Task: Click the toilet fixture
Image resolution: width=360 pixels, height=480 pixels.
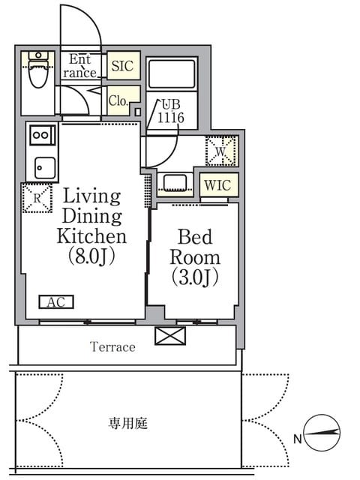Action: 38,70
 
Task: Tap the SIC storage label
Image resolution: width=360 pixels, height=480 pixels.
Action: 122,66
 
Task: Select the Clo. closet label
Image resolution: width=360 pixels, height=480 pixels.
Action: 118,100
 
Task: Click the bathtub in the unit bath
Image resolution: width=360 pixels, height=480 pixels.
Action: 172,73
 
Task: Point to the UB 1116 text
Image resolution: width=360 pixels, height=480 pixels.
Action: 171,112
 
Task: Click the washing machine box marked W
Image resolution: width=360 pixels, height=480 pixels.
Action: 221,151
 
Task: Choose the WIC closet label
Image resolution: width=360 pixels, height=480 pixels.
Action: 217,185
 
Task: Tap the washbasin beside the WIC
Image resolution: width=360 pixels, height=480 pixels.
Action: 175,183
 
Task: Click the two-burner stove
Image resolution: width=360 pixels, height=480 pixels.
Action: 43,135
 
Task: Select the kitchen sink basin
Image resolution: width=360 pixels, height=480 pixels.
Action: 45,168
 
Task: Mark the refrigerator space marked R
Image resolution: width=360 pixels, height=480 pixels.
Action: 37,198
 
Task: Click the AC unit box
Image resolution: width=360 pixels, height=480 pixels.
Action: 56,302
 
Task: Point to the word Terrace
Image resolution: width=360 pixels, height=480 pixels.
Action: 112,346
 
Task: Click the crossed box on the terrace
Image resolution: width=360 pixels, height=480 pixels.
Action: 170,336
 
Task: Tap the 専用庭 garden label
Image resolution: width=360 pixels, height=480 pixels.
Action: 128,424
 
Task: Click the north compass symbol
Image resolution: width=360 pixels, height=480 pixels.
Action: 322,433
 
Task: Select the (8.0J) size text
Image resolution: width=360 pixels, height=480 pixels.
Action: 91,256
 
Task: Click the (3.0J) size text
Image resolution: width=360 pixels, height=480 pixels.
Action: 195,277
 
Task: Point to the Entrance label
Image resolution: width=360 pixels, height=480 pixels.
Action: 80,66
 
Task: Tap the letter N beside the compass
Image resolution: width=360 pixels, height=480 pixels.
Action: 298,439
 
